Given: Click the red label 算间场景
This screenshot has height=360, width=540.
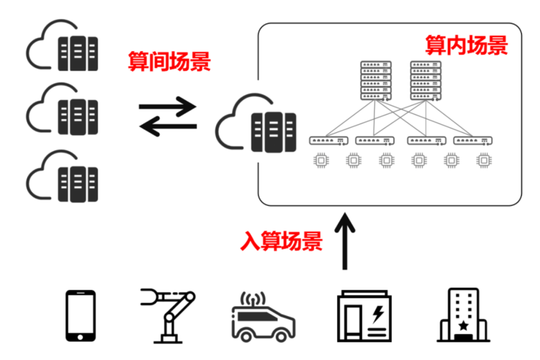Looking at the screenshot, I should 169,62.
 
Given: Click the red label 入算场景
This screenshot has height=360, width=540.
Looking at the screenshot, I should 281,240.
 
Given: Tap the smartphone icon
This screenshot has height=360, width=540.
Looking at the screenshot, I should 80,316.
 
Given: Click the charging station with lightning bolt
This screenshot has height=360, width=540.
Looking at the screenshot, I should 364,316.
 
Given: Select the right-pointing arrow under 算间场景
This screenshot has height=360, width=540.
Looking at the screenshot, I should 167,106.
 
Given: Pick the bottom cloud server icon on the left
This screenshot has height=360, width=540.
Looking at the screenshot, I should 63,177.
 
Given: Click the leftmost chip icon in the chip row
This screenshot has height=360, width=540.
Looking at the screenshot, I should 320,160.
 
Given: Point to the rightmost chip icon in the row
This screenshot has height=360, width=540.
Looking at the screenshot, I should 483,160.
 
